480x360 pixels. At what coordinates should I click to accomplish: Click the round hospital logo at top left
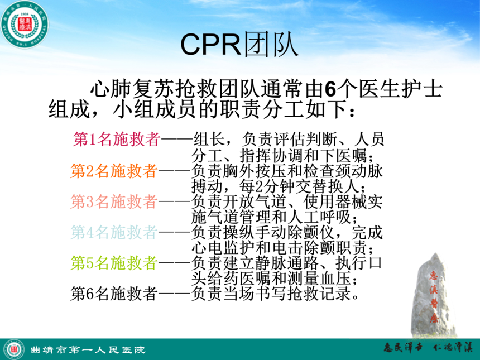25,25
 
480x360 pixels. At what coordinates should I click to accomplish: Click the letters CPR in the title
211,45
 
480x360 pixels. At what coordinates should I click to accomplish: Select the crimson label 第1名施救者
116,140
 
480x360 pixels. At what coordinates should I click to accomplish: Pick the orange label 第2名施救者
114,171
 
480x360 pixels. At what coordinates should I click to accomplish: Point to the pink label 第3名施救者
114,201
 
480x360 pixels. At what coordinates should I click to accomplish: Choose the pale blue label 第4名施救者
114,232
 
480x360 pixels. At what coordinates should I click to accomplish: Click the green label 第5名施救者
114,263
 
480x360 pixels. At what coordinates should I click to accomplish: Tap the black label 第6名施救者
114,294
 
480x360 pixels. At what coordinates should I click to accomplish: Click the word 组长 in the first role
209,140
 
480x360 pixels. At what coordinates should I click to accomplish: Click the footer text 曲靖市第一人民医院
88,349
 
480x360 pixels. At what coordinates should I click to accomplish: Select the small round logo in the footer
14,349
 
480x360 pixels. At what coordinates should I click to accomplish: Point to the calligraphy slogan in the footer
429,348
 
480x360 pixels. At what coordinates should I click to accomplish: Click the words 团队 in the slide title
271,45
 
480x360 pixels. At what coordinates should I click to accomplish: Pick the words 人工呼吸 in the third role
319,217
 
